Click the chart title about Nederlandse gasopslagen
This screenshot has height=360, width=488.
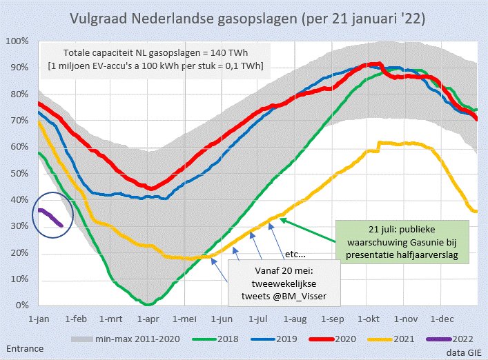coord(244,17)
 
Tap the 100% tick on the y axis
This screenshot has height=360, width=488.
coord(17,41)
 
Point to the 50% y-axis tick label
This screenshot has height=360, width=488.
coord(19,173)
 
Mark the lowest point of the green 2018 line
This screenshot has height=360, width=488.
coord(149,304)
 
